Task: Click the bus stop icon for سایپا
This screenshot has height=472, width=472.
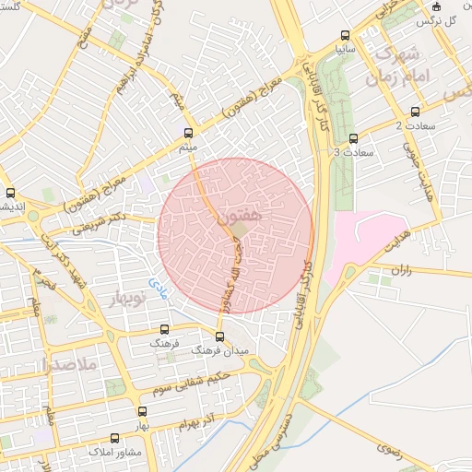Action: click(345, 31)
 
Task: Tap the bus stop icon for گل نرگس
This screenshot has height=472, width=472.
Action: click(437, 7)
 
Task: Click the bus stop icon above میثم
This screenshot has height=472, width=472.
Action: click(189, 133)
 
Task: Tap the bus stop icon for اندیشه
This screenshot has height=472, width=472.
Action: click(10, 194)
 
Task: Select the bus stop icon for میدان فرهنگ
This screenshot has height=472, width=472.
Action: click(219, 336)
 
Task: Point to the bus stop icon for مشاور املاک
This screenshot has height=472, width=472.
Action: click(114, 439)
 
